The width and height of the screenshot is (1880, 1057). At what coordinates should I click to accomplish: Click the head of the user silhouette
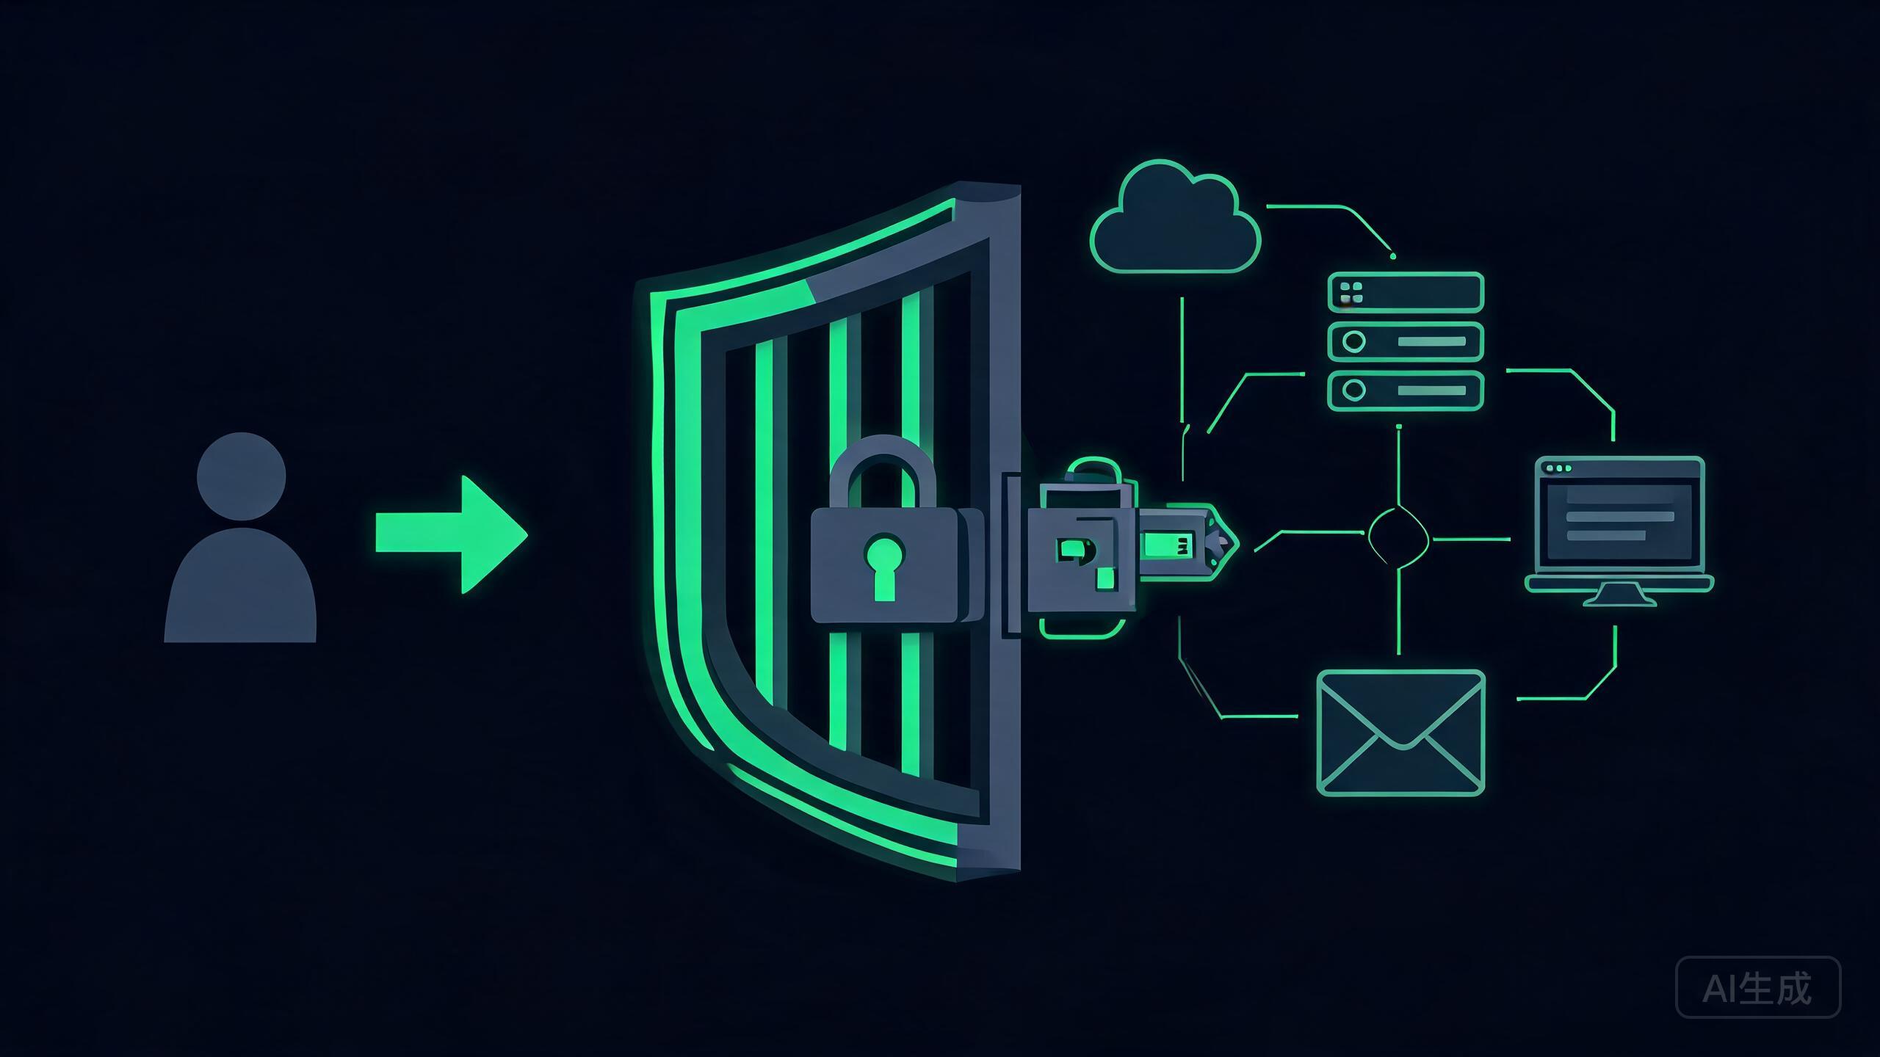tap(241, 476)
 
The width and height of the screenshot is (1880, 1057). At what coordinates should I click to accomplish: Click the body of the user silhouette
tap(240, 585)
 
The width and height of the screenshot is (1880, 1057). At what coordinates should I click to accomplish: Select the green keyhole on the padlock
tap(884, 567)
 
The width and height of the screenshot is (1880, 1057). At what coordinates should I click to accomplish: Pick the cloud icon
tap(1175, 217)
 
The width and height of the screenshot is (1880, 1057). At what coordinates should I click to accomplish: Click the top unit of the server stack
tap(1406, 292)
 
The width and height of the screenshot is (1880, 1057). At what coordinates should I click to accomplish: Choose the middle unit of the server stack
tap(1406, 341)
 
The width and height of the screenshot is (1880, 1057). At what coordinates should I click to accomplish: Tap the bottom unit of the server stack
tap(1406, 390)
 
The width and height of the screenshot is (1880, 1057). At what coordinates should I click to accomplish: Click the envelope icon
tap(1401, 732)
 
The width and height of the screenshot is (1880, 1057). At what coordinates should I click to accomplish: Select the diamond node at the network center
tap(1398, 539)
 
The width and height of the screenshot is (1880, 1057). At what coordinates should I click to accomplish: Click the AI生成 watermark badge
tap(1758, 987)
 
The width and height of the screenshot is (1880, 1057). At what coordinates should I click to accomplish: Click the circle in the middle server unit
tap(1353, 341)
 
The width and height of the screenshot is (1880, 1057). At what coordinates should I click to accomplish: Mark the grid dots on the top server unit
tap(1351, 292)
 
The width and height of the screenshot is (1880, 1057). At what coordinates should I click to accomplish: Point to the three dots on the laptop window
tap(1559, 468)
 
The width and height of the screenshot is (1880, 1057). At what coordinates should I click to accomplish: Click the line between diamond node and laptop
tap(1471, 539)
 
